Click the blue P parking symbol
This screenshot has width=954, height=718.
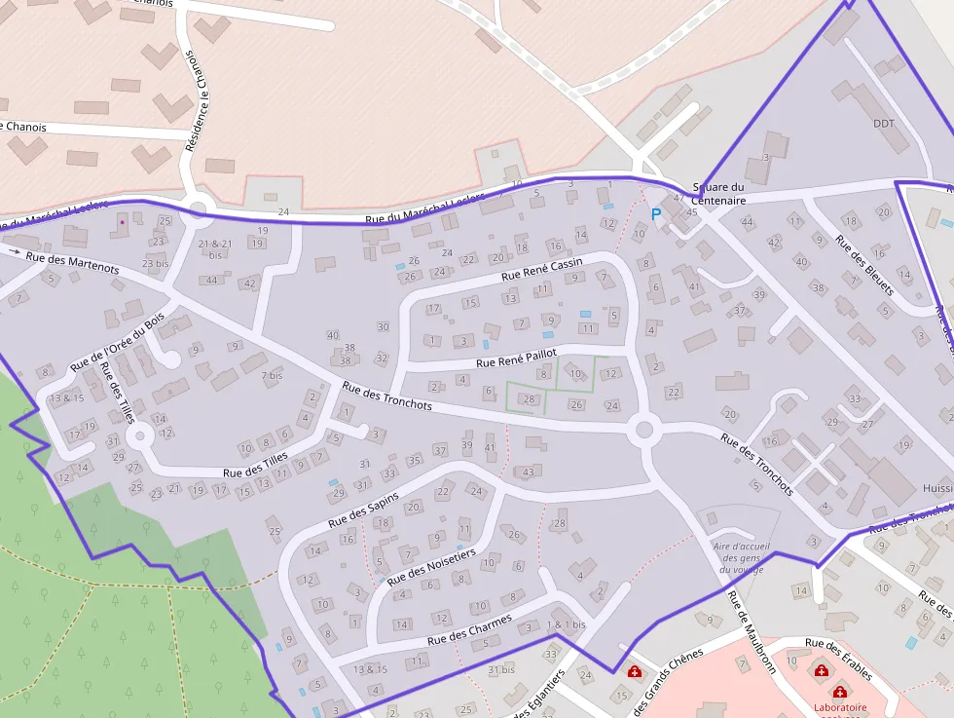pos(656,213)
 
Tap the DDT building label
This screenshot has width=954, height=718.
pos(883,124)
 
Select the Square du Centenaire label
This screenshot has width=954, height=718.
pos(718,194)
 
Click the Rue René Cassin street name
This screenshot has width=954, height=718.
pos(541,270)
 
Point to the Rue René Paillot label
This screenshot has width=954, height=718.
pos(516,358)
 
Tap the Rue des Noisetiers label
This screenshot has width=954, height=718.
pos(431,566)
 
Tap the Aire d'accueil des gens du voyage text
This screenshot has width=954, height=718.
pos(742,557)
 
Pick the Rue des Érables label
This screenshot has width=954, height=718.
pos(838,659)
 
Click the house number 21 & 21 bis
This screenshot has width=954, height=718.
pos(215,249)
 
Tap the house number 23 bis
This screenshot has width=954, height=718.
pos(156,263)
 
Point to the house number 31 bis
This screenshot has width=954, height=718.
pos(501,669)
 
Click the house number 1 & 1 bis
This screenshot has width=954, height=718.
pos(567,624)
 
